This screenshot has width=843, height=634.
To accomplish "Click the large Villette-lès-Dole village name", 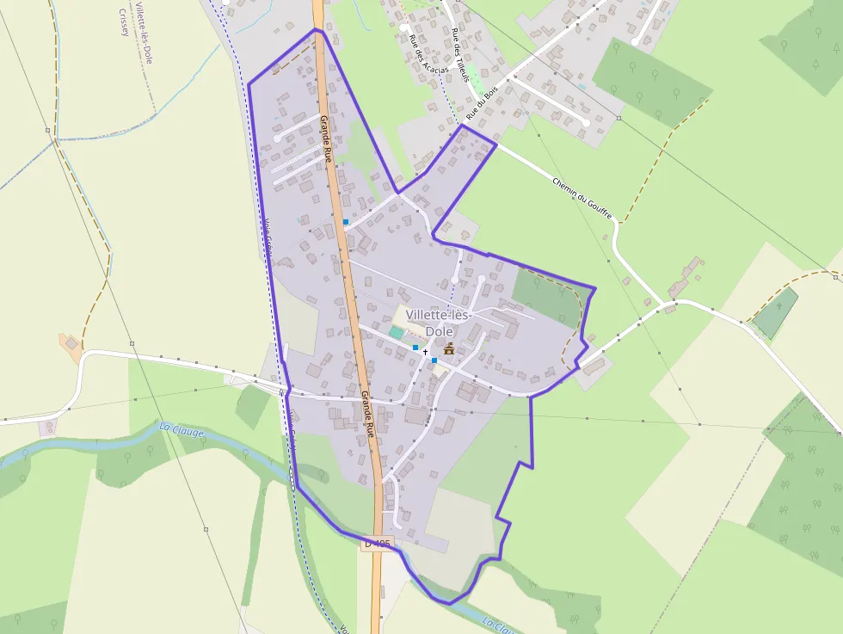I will click(440, 323).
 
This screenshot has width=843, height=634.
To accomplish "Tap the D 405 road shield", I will click(377, 544).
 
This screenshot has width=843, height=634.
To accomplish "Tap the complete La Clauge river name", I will click(182, 429).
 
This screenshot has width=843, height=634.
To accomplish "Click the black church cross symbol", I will click(425, 352).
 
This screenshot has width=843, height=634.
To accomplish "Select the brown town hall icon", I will click(448, 348).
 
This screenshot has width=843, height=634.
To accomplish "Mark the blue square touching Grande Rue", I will click(346, 222).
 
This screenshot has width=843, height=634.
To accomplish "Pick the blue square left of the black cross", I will click(415, 347).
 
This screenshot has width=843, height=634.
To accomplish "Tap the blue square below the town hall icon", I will click(434, 360).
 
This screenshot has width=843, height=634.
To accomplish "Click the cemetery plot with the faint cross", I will click(777, 312).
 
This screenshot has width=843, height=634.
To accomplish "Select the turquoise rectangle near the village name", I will click(396, 331).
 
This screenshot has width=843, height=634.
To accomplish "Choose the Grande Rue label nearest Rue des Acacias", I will click(326, 138).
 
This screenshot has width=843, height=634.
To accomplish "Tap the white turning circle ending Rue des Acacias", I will click(403, 28).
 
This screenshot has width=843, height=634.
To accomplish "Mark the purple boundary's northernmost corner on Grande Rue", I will click(316, 29).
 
